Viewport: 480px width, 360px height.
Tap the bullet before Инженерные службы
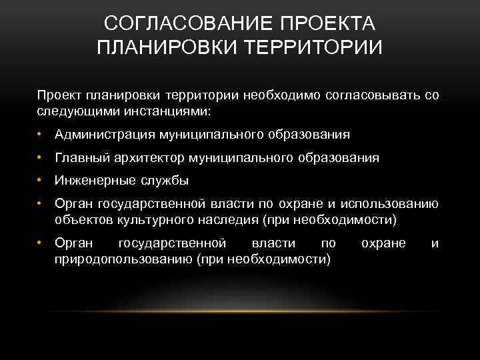[41, 180]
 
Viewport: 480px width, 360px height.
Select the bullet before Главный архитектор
[41, 158]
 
